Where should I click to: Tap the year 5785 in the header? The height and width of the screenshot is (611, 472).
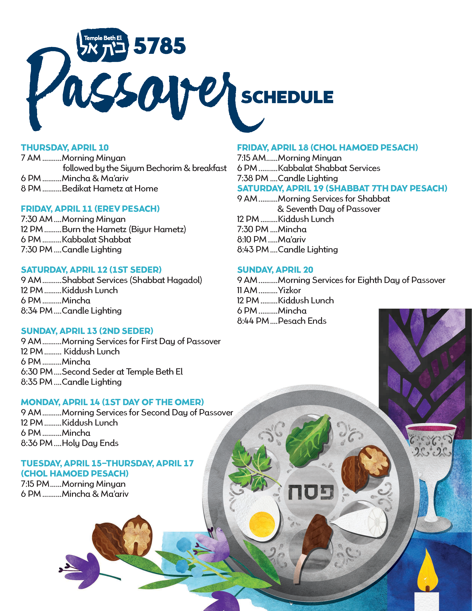click(159, 46)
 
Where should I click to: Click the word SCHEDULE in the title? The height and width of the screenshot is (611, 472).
click(287, 97)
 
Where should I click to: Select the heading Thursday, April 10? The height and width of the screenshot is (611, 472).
click(65, 148)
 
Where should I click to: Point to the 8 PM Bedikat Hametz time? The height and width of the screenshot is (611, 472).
click(31, 188)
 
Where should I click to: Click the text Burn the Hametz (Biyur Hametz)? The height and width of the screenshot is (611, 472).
click(124, 229)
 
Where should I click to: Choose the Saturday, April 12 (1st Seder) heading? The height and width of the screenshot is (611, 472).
click(91, 270)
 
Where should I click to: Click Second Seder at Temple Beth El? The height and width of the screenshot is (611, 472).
click(122, 372)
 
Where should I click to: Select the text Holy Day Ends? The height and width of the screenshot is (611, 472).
click(90, 443)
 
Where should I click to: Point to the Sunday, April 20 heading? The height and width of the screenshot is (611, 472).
click(275, 270)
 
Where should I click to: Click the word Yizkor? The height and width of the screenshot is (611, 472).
click(289, 290)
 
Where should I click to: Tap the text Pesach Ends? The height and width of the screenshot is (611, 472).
click(302, 321)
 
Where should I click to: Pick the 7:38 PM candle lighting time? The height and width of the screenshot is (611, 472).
click(253, 178)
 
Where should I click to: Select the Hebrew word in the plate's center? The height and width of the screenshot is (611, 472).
click(311, 492)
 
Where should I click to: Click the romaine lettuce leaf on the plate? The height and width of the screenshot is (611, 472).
click(308, 439)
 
